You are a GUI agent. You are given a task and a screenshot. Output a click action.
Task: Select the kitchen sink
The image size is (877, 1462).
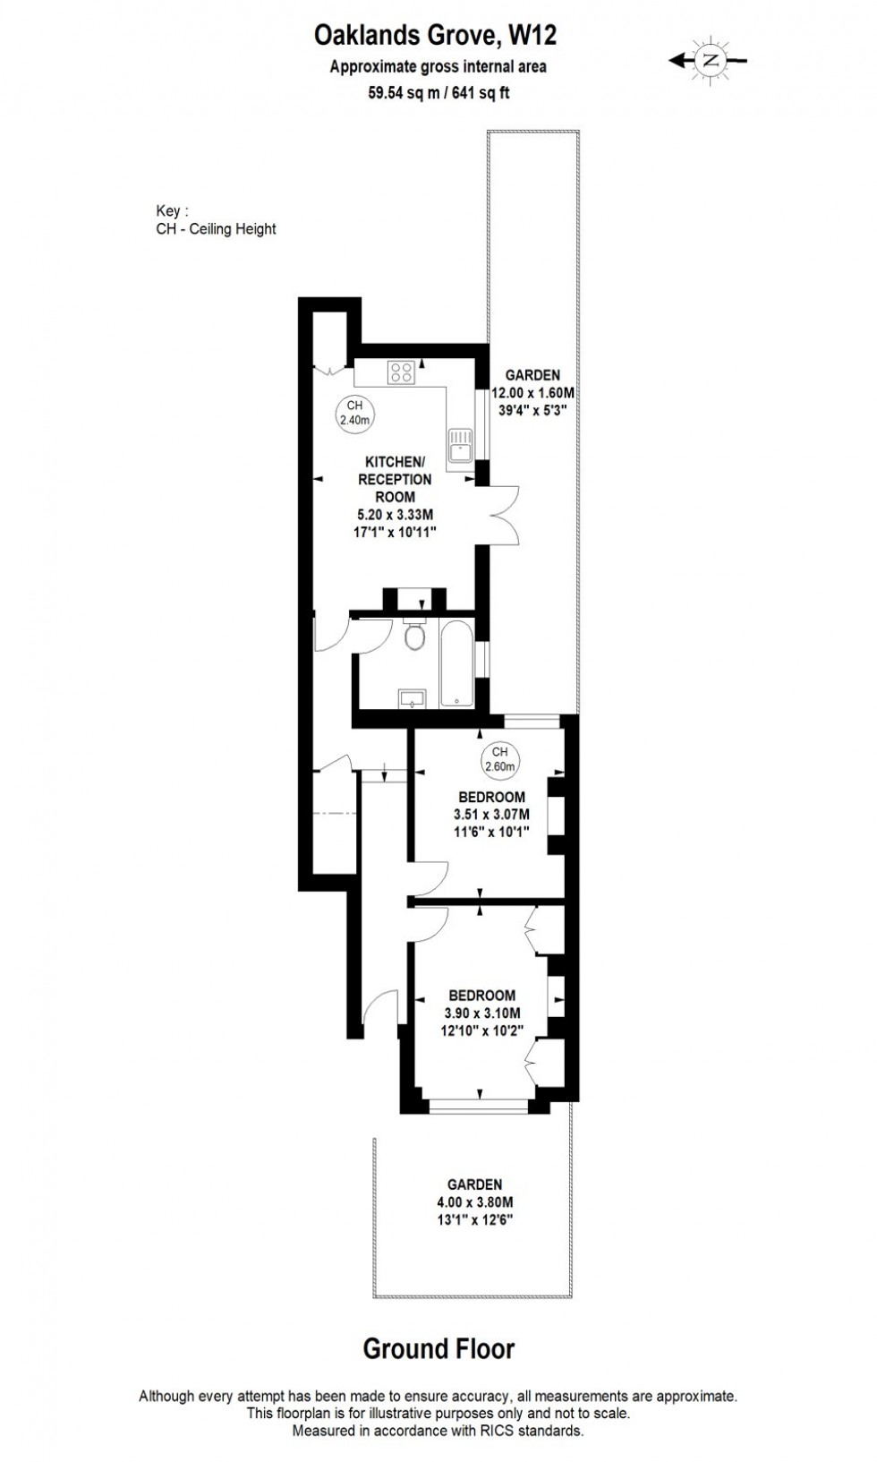[x=461, y=443]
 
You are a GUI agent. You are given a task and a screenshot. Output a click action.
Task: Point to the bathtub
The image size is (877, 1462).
[x=456, y=663]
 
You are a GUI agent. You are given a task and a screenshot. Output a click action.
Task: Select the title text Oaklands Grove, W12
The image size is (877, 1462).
[x=435, y=36]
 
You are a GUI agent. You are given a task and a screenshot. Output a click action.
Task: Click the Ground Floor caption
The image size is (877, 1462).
[x=438, y=1348]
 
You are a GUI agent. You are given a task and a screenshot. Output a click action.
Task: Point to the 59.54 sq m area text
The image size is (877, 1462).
[x=403, y=92]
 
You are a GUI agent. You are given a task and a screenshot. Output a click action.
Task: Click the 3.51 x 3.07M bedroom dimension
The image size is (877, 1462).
[x=491, y=815]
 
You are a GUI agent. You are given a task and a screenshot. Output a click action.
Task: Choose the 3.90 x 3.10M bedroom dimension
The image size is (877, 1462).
[x=482, y=1013]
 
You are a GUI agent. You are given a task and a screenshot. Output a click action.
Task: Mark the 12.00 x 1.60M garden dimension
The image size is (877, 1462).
[x=532, y=393]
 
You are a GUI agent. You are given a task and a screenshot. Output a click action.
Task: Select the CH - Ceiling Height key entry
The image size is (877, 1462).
[x=216, y=229]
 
